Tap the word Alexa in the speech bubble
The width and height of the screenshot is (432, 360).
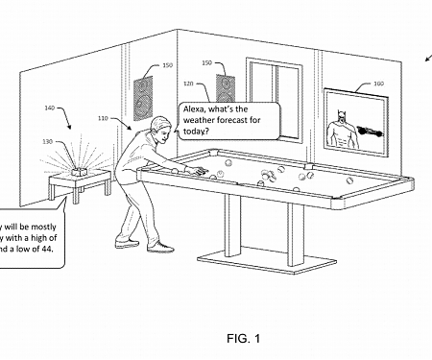(x=196, y=110)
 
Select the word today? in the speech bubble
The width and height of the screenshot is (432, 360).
(x=196, y=131)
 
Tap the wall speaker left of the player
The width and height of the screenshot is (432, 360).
(x=141, y=93)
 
